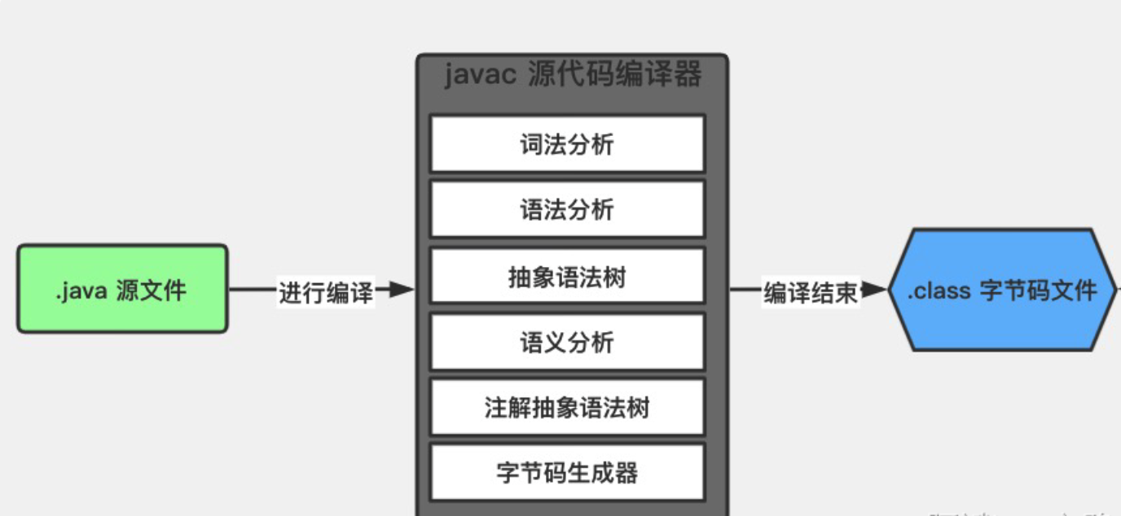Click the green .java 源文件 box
(x=122, y=289)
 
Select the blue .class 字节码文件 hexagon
(x=1002, y=290)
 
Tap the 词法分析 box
(x=567, y=144)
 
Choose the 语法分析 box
(x=567, y=210)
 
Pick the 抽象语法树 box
(x=567, y=277)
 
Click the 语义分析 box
(x=567, y=342)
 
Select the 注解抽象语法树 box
(x=567, y=407)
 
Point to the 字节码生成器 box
(x=567, y=472)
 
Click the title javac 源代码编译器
(x=573, y=76)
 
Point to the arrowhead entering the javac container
(x=402, y=289)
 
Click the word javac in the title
(x=481, y=76)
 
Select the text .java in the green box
(x=81, y=291)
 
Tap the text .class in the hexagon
(x=939, y=291)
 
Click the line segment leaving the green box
(x=253, y=289)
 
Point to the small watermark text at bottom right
(x=1018, y=512)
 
